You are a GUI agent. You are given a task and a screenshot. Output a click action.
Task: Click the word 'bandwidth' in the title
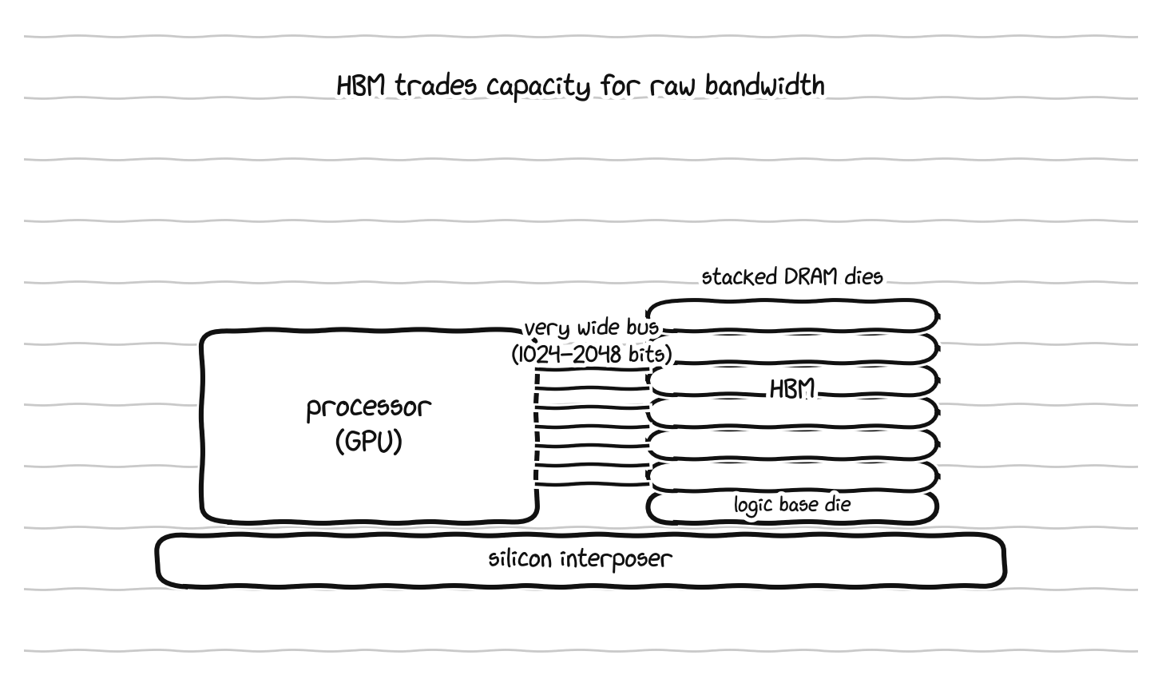(x=764, y=85)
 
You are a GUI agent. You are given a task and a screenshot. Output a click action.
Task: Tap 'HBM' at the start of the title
(x=361, y=85)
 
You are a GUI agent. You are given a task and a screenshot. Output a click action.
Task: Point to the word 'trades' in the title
(x=436, y=85)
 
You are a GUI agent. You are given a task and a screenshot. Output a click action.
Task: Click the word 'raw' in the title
(x=672, y=87)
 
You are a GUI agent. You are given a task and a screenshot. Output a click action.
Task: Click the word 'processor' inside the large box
(x=369, y=408)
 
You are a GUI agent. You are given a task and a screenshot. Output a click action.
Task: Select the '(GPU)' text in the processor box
(x=369, y=442)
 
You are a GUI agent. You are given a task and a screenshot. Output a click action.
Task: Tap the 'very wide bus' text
(x=591, y=328)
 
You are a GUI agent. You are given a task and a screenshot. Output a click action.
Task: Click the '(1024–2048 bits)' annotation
(x=591, y=355)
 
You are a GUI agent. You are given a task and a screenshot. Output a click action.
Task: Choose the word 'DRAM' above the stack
(x=811, y=276)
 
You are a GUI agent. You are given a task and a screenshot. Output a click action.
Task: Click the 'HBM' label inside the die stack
(x=792, y=389)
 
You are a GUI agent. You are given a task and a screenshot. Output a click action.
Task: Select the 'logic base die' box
(x=792, y=507)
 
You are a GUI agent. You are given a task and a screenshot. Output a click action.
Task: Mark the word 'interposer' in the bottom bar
(x=617, y=560)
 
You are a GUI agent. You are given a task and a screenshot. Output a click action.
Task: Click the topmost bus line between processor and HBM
(x=592, y=369)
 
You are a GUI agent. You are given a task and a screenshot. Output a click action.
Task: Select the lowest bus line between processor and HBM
(x=592, y=485)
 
